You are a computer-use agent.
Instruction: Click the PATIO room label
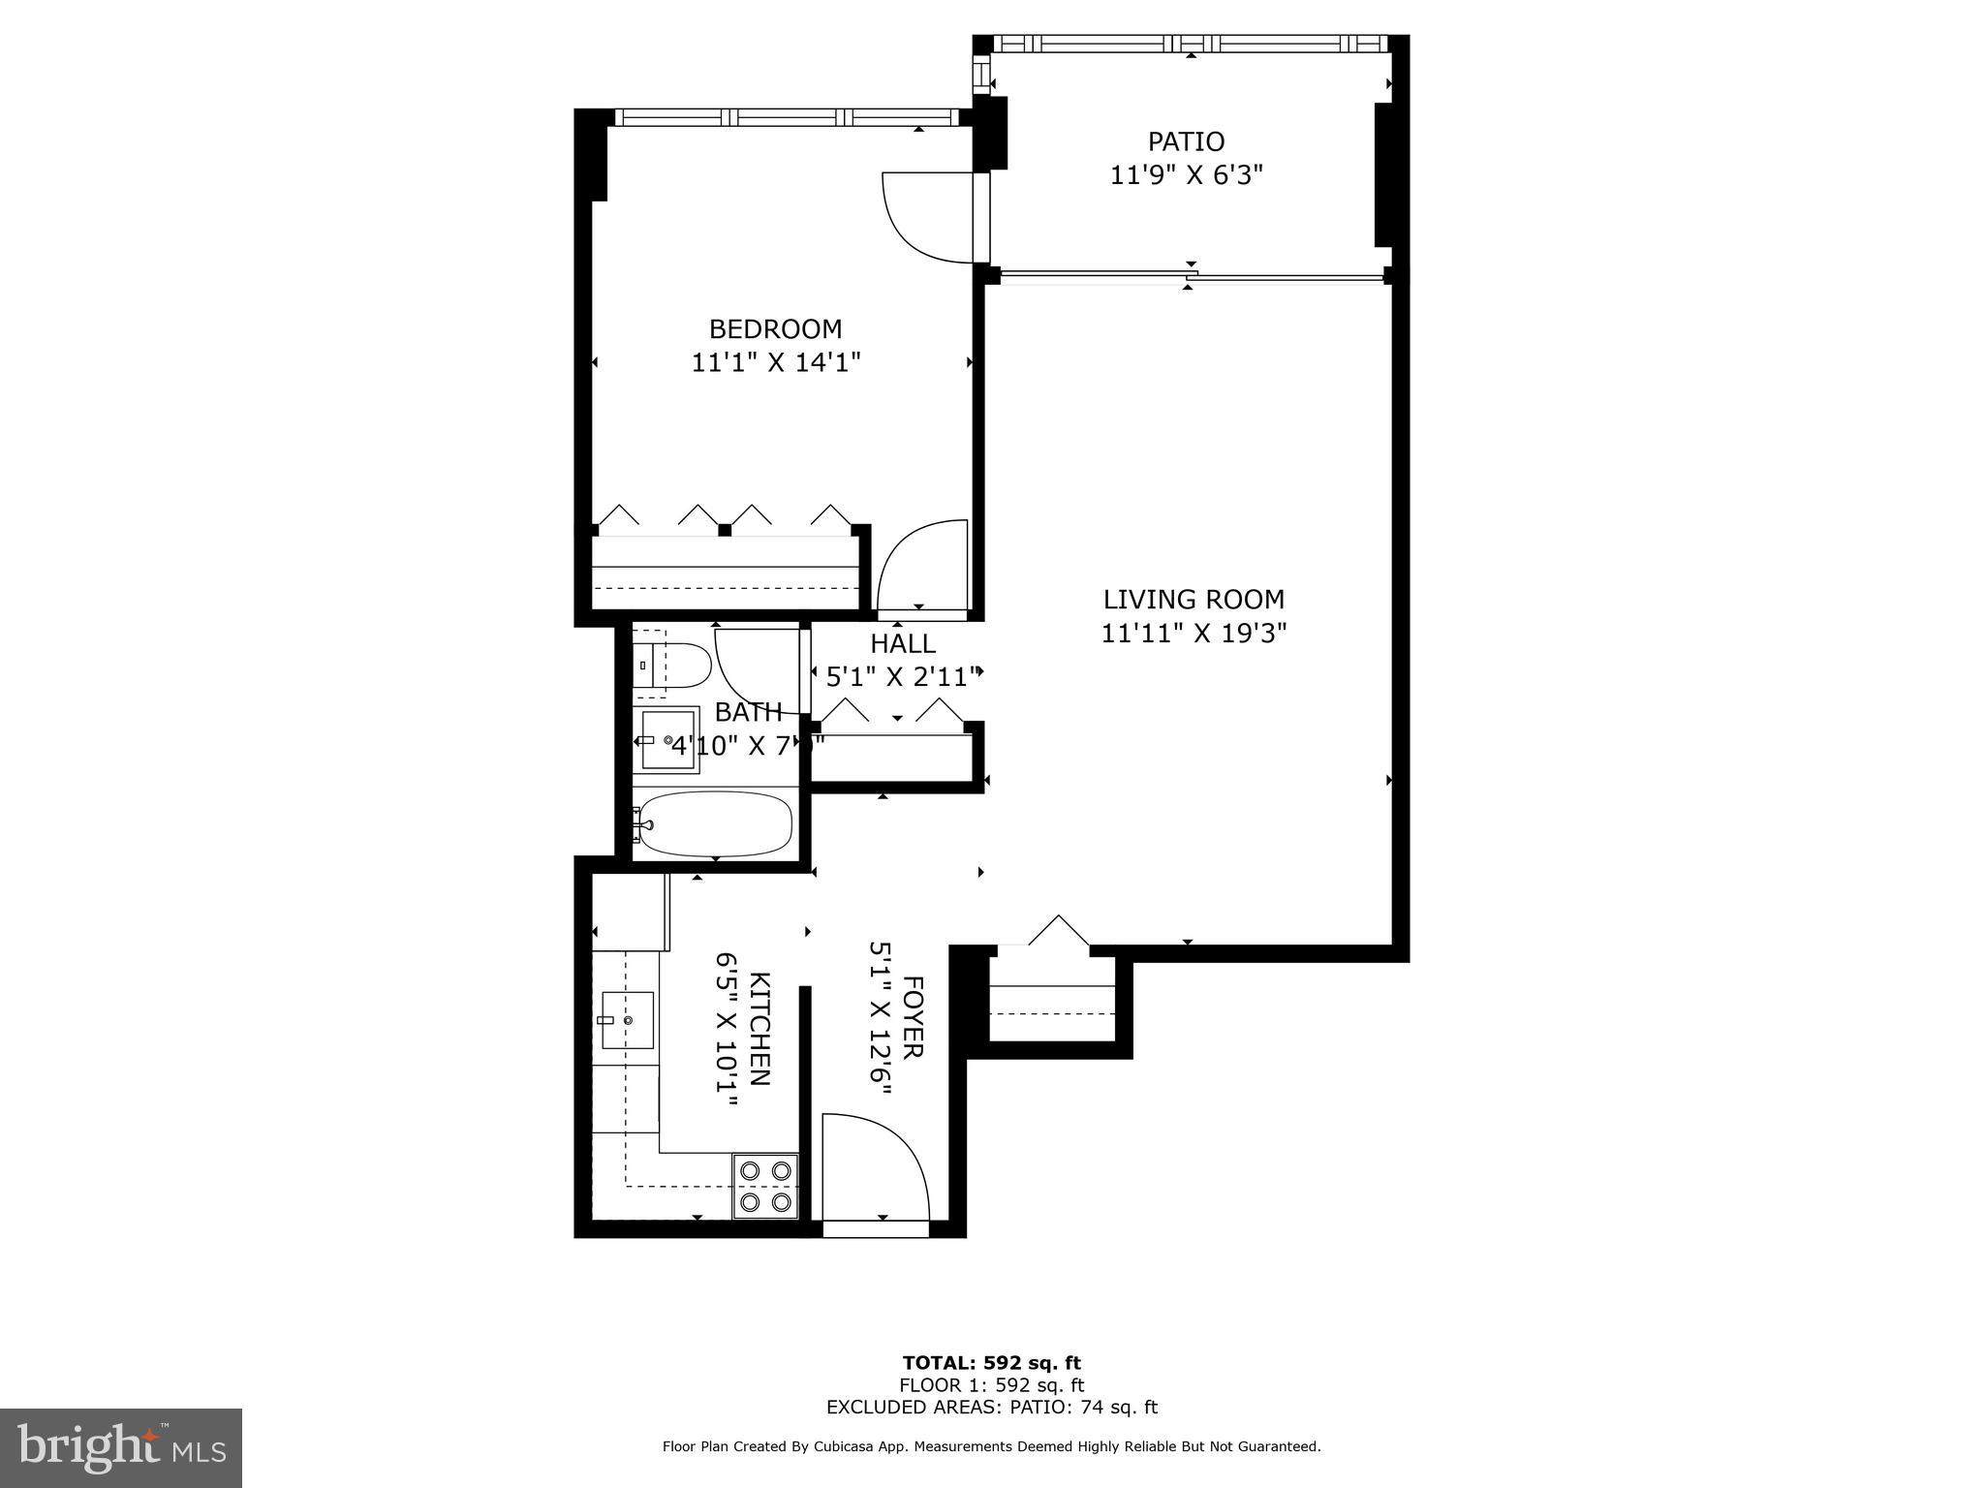(x=1186, y=141)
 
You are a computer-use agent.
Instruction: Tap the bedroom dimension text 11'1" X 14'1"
(x=775, y=362)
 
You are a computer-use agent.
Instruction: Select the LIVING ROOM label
(x=1193, y=599)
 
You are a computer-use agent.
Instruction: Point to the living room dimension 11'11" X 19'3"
(x=1193, y=634)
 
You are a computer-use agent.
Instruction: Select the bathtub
(x=715, y=824)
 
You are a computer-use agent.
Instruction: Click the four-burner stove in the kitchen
(x=765, y=1186)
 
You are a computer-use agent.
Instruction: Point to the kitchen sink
(x=627, y=1020)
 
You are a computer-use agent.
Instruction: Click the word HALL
(x=902, y=643)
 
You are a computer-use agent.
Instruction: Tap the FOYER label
(x=913, y=1017)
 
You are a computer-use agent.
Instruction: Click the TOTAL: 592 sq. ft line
(x=991, y=1363)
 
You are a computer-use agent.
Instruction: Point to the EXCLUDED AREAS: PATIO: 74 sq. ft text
(x=991, y=1408)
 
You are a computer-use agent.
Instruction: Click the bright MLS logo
(x=121, y=1447)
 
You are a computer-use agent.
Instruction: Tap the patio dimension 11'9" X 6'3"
(x=1186, y=175)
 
